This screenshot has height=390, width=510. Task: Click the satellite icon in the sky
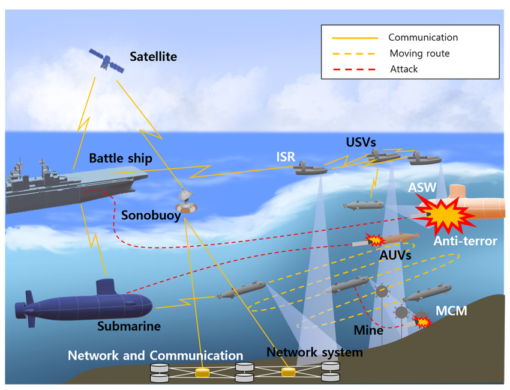[x=107, y=61]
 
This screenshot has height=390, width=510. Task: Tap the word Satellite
[x=153, y=57]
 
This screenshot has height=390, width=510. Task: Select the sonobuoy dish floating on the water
[x=188, y=201]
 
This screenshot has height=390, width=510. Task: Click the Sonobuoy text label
[x=151, y=215]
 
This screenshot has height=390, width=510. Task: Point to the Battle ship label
[x=120, y=159]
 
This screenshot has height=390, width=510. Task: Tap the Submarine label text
[x=129, y=326]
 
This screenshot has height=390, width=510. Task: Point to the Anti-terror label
[x=465, y=242]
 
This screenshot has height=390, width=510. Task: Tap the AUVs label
[x=395, y=255]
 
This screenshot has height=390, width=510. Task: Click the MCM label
[x=451, y=311]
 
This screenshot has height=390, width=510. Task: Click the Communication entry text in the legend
[x=423, y=38]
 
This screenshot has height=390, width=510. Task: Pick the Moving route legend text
[x=419, y=53]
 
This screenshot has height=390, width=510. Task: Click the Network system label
[x=314, y=352]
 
